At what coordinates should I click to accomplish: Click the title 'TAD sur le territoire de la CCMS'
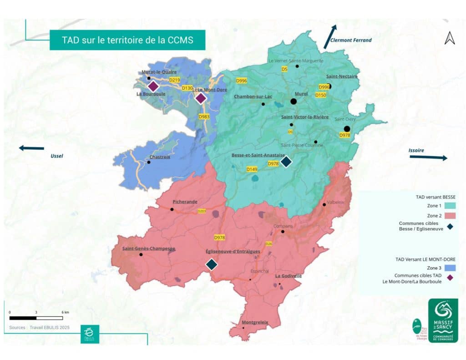(127, 40)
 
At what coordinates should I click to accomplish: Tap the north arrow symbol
(450, 38)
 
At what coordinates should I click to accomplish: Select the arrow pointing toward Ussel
(31, 148)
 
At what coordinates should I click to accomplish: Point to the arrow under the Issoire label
(428, 157)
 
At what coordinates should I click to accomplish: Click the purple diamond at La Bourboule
(153, 86)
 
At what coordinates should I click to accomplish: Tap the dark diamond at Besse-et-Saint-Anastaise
(286, 162)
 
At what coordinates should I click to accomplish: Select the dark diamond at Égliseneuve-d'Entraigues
(211, 264)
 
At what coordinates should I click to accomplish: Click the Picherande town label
(185, 201)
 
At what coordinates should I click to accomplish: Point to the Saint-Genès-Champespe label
(149, 248)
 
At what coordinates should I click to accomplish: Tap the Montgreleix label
(255, 322)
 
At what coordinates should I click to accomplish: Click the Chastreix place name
(159, 157)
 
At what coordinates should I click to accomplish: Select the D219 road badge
(175, 80)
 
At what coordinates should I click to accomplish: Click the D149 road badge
(252, 169)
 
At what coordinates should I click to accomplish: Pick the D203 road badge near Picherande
(202, 211)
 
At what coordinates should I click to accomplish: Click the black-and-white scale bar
(36, 318)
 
